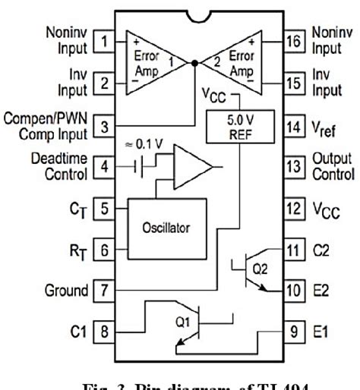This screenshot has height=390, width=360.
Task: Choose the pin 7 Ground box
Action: point(106,289)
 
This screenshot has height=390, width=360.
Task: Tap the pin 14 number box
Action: point(293,127)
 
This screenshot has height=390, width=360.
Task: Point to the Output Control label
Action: point(332,165)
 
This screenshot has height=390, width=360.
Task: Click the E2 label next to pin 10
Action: point(322,291)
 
